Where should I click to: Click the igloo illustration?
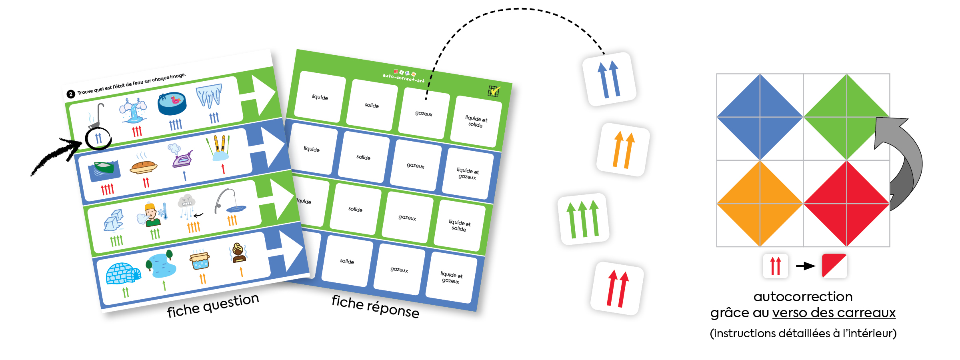pos(122,274)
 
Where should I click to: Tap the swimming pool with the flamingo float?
pos(172,104)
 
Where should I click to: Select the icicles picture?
pos(209,95)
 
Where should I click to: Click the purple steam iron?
pos(182,159)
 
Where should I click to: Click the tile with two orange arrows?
pos(623,150)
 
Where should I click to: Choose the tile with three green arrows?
pos(583,219)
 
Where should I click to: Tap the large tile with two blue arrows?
pos(609,79)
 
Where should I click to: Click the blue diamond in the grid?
pos(760,117)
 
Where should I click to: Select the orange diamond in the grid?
pos(760,204)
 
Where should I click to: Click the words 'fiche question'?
pos(213,306)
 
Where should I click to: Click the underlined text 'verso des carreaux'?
pos(834,313)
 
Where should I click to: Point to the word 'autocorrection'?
pos(803,297)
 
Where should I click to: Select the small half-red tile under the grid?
pos(834,266)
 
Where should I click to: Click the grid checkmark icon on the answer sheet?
pos(494,91)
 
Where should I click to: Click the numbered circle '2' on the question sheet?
pos(71,94)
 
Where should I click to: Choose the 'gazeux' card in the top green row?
pos(424,113)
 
